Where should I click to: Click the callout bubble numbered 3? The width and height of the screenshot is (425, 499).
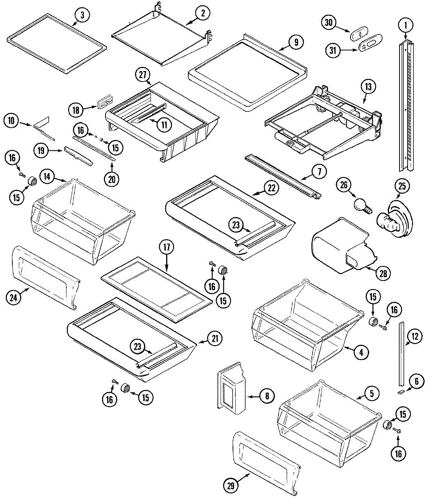pyautogui.click(x=82, y=15)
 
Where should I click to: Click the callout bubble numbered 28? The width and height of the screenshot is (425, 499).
pyautogui.click(x=382, y=273)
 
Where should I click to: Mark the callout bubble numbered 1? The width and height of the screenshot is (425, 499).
pyautogui.click(x=405, y=26)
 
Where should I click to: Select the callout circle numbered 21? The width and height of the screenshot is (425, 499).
pyautogui.click(x=215, y=339)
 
